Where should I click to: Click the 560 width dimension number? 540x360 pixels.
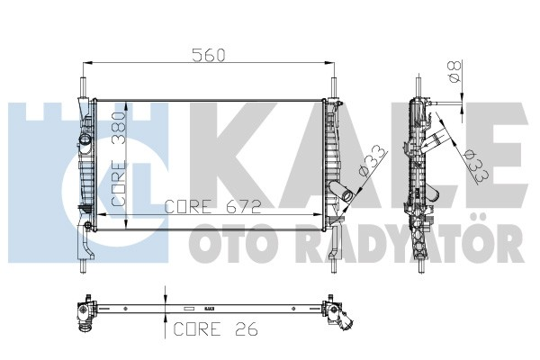click(x=208, y=54)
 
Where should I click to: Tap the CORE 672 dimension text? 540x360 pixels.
click(x=213, y=206)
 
